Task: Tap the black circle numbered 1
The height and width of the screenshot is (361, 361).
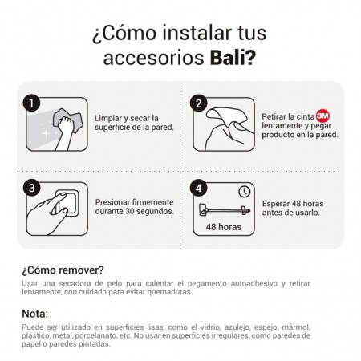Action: (x=31, y=103)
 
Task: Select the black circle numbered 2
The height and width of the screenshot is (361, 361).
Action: (x=198, y=103)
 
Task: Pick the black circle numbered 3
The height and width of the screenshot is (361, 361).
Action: (x=31, y=188)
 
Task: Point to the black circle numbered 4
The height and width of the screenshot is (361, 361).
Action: (x=198, y=188)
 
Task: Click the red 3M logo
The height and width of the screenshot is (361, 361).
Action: (x=322, y=116)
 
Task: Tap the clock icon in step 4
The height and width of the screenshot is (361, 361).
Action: (x=244, y=192)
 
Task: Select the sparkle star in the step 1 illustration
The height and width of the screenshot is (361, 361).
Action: (x=47, y=133)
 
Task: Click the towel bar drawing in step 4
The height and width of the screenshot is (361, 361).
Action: (x=225, y=210)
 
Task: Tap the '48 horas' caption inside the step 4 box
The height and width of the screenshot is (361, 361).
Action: (x=224, y=227)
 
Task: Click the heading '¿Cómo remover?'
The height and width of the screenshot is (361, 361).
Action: (x=63, y=270)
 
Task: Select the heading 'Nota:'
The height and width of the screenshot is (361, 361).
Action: (x=34, y=314)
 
